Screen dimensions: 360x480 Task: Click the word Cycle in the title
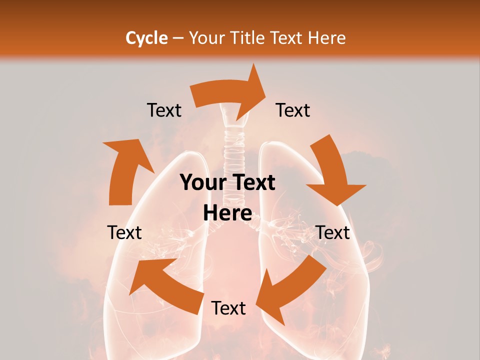pos(146,38)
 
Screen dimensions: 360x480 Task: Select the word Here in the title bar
pos(326,38)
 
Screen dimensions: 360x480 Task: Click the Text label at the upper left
pos(164,110)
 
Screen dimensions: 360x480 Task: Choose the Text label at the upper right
pos(293,110)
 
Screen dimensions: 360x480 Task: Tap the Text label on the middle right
pos(333,232)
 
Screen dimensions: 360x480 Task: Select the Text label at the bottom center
pos(228,308)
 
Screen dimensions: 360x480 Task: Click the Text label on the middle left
pos(124,232)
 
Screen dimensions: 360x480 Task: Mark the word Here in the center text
pos(227,213)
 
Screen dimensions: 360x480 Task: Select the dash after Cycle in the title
pos(178,38)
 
